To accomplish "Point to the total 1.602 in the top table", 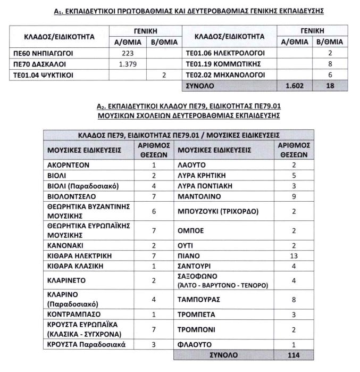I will click(294, 85).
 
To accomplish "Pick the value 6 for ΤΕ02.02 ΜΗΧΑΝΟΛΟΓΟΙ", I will click(330, 75).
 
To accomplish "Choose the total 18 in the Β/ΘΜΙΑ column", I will click(330, 85).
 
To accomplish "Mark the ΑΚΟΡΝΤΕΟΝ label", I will click(68, 165).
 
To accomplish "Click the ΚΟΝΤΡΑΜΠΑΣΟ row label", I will click(74, 314).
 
